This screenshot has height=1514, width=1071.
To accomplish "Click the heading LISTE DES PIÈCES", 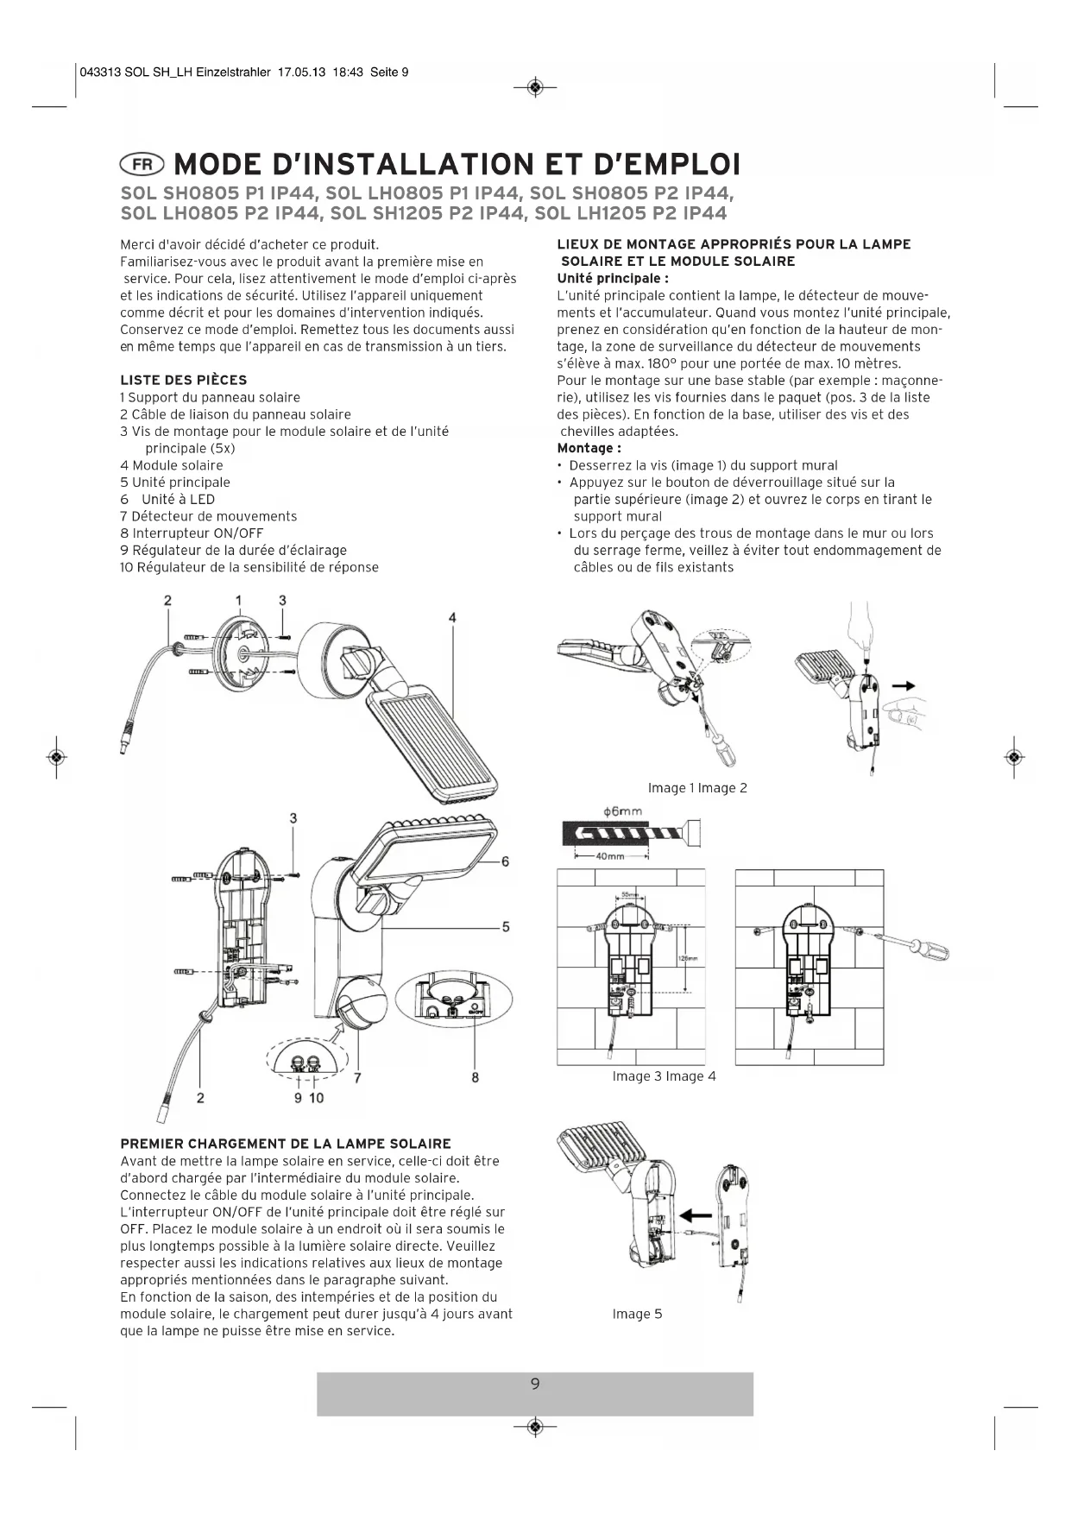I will pyautogui.click(x=183, y=380).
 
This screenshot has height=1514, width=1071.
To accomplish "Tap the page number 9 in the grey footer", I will pyautogui.click(x=535, y=1384).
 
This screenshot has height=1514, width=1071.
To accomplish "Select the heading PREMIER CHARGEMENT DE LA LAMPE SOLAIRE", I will pyautogui.click(x=286, y=1144).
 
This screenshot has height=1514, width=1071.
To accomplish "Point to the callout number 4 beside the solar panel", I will pyautogui.click(x=452, y=617).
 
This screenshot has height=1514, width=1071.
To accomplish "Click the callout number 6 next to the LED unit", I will pyautogui.click(x=506, y=861).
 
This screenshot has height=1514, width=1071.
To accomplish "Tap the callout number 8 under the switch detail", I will pyautogui.click(x=476, y=1077).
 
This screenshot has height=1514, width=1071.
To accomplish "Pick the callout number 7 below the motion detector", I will pyautogui.click(x=356, y=1077).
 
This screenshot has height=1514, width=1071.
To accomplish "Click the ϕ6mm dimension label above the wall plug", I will pyautogui.click(x=622, y=811).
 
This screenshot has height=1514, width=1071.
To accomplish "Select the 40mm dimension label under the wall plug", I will pyautogui.click(x=610, y=855).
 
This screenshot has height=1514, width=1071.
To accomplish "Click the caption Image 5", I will pyautogui.click(x=637, y=1314).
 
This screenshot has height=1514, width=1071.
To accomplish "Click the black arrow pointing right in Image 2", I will pyautogui.click(x=903, y=685).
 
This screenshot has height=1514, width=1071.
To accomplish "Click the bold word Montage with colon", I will pyautogui.click(x=589, y=448).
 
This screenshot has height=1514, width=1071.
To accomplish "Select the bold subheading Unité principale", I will pyautogui.click(x=613, y=278).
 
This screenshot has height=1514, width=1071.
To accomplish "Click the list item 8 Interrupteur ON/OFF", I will pyautogui.click(x=192, y=533).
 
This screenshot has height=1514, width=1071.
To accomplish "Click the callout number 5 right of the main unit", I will pyautogui.click(x=506, y=927).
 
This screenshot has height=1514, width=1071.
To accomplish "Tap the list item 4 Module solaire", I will pyautogui.click(x=171, y=465).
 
